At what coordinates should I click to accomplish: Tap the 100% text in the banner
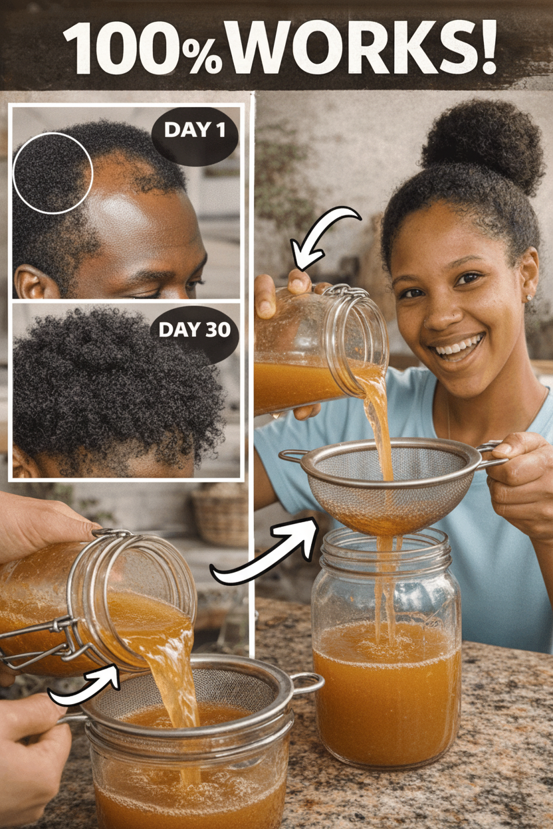(143, 48)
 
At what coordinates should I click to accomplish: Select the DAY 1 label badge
(195, 136)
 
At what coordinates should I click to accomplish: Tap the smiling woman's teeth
(459, 346)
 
